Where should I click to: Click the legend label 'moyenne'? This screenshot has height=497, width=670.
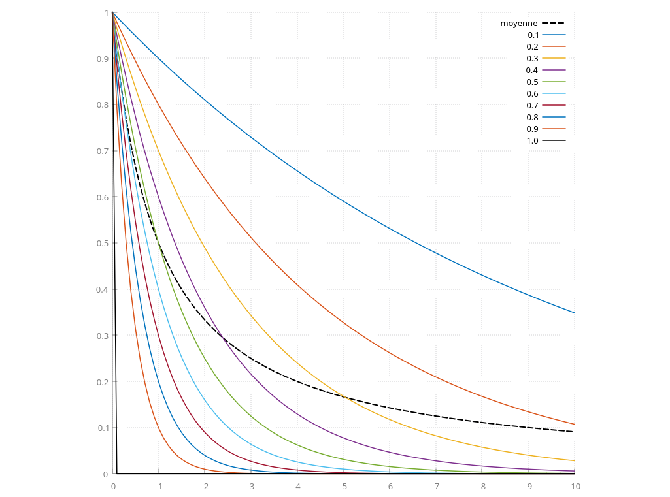point(519,24)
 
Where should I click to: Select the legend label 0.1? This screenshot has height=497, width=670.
point(533,35)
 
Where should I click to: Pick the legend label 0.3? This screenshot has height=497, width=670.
point(532,59)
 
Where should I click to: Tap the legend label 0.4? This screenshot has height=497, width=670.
point(532,71)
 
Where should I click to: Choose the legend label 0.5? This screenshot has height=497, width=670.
point(532,82)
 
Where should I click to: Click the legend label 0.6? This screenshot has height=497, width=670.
point(532,94)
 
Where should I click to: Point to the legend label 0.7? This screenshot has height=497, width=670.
point(532,106)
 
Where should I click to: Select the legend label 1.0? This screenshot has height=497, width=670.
point(532,141)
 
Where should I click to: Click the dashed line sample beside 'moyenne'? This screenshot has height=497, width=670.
point(554,23)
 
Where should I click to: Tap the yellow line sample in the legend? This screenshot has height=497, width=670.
point(554,58)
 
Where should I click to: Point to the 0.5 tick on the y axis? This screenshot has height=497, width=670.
point(103,244)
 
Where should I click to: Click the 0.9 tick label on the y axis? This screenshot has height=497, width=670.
point(103,59)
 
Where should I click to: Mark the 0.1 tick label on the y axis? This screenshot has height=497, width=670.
point(103,428)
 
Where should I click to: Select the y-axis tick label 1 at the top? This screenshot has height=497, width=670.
point(106,13)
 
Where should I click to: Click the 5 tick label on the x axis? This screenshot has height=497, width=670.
point(344,487)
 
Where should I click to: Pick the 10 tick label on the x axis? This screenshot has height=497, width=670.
point(575,487)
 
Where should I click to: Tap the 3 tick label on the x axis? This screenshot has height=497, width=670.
point(252,487)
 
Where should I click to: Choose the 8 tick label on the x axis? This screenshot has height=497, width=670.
point(482,487)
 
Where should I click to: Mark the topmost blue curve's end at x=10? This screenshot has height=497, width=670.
point(575,313)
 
